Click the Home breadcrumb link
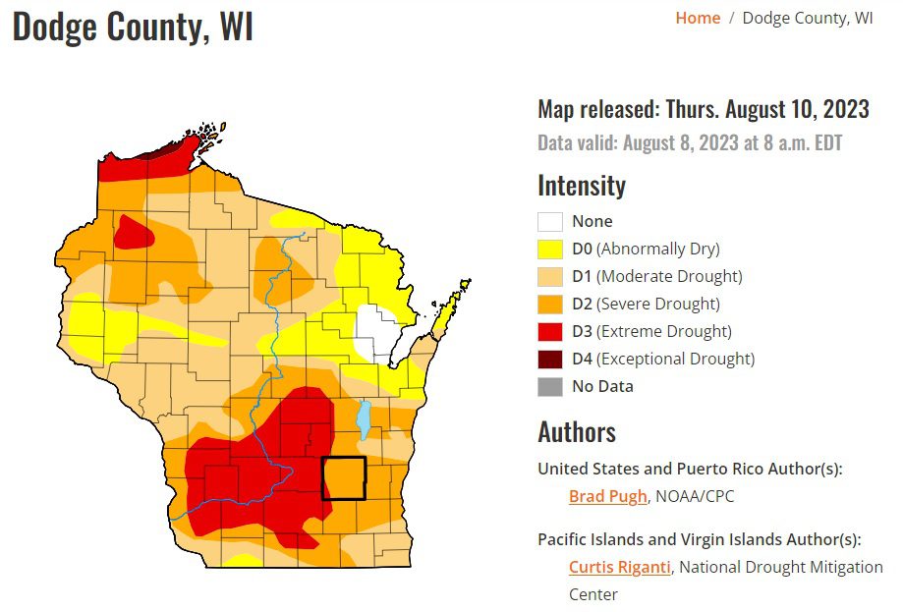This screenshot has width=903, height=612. [x=698, y=19]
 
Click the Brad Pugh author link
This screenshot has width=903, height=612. [x=607, y=496]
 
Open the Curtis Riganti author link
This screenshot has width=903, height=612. [x=620, y=567]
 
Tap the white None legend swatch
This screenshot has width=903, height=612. [x=549, y=221]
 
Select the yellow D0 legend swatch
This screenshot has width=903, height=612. [x=549, y=249]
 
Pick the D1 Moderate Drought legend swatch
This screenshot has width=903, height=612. [x=549, y=276]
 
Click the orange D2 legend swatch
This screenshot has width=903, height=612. [x=549, y=304]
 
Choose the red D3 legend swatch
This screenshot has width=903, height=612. [x=549, y=331]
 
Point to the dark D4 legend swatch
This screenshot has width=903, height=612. [x=549, y=359]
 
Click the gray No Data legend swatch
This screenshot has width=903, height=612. [x=549, y=386]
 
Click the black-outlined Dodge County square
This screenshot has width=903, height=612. [x=344, y=478]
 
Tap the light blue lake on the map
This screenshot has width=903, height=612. [x=364, y=419]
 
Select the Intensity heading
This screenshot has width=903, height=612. [x=581, y=186]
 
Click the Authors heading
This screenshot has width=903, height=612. [x=577, y=432]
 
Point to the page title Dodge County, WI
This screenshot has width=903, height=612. [x=133, y=27]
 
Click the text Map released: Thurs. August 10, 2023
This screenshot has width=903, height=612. [x=703, y=109]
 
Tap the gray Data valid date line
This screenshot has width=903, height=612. [x=689, y=142]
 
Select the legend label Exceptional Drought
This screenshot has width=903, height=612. [x=675, y=359]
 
